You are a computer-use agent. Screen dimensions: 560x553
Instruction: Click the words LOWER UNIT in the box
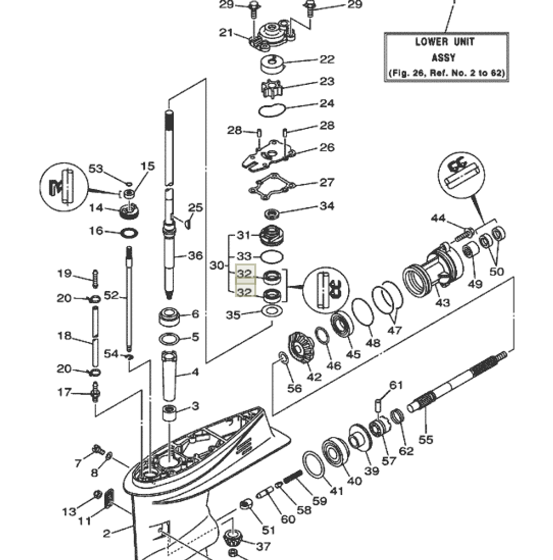coord(445,41)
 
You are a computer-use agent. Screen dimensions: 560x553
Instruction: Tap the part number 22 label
coord(327,59)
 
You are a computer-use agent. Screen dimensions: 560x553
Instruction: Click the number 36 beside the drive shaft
coord(195,256)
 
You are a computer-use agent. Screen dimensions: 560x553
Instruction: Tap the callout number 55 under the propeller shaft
coord(426,440)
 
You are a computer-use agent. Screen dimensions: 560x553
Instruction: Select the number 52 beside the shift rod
coord(112,296)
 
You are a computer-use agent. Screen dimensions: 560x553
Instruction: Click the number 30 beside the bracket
coord(217,265)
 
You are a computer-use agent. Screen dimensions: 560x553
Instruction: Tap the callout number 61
coord(396,385)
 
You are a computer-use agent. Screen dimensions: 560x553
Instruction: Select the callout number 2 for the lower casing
coord(107,533)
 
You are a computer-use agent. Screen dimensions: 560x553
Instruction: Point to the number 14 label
coord(96,208)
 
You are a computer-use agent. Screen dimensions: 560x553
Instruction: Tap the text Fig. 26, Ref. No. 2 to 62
coord(446,72)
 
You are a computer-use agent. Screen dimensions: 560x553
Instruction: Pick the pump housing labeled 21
coord(271,32)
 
